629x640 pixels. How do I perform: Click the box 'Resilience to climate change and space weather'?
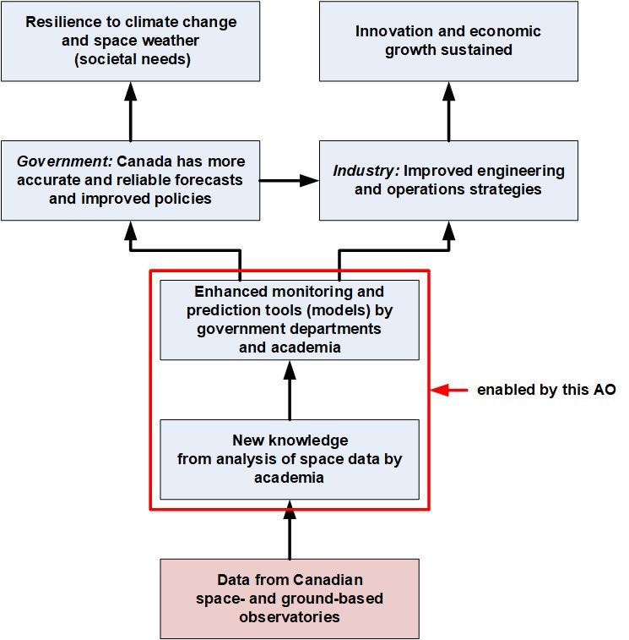click(x=130, y=40)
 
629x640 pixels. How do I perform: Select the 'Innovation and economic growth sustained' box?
click(x=448, y=40)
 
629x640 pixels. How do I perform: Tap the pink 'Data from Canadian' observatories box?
click(x=290, y=599)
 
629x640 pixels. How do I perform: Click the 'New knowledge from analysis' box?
click(x=290, y=459)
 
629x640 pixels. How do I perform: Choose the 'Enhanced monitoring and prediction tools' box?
click(x=290, y=320)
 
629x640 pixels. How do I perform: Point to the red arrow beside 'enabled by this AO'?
click(x=450, y=391)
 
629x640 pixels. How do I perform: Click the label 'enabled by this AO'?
click(x=546, y=391)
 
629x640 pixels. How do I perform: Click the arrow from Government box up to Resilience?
click(x=130, y=111)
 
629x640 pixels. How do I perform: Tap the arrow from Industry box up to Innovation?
click(x=448, y=111)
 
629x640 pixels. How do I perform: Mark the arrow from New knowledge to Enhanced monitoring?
click(x=290, y=390)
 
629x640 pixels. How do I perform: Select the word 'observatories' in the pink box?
click(x=290, y=616)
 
